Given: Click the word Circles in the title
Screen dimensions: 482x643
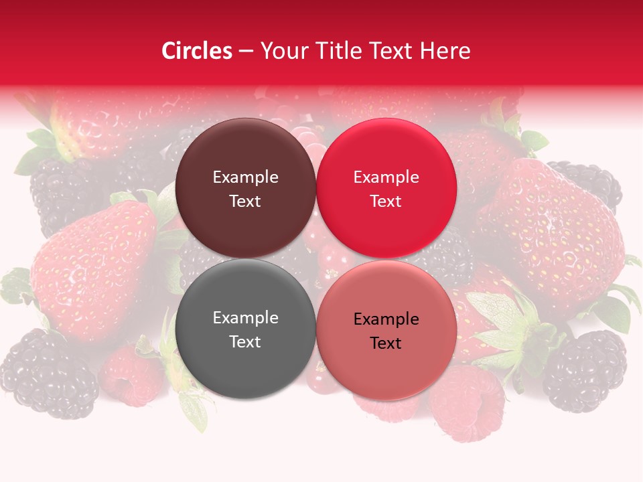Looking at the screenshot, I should point(196,51).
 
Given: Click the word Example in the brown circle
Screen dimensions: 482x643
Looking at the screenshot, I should point(245,177).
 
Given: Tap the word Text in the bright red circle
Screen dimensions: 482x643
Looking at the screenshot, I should point(386,202).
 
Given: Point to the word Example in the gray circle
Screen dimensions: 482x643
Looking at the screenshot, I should point(245,318).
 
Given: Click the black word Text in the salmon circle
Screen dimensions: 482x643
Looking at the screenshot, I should point(386,343).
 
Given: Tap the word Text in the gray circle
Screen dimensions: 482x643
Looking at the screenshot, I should point(245,342).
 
